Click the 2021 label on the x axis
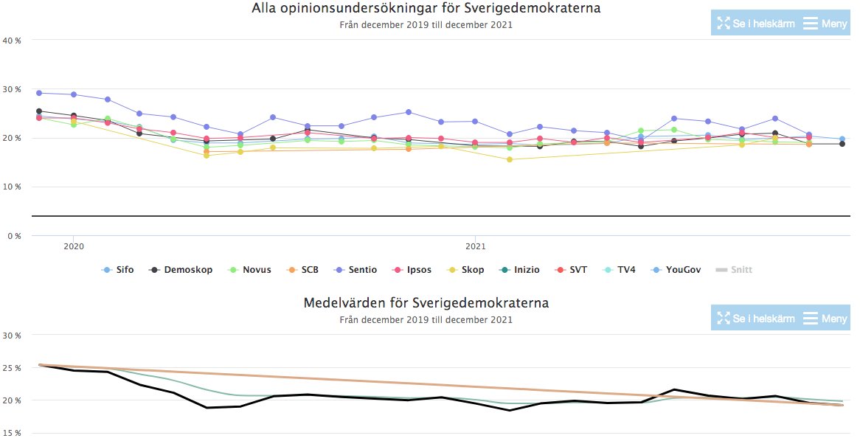[x=476, y=246]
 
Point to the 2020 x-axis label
[x=73, y=246]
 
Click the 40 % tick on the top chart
[x=12, y=41]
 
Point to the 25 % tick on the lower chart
[x=12, y=368]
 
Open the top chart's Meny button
[x=825, y=24]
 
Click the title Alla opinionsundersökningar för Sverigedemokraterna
[x=426, y=9]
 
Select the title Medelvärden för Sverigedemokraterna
[x=426, y=303]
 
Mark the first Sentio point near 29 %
[x=39, y=93]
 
